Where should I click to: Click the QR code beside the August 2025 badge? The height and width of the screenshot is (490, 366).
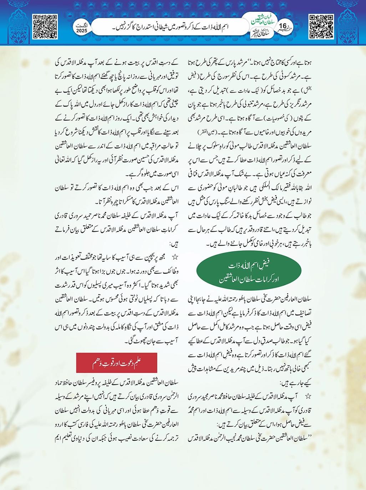click(x=45, y=27)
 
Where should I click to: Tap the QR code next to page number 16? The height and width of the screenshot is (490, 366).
click(x=321, y=27)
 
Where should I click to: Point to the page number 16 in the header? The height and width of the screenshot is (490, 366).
click(x=283, y=26)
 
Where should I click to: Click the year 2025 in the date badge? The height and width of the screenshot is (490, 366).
click(x=82, y=31)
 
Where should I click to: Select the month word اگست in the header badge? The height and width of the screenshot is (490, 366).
click(x=82, y=25)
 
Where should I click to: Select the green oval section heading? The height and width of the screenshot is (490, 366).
click(x=249, y=272)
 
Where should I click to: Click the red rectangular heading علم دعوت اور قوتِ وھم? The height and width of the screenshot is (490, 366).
click(x=117, y=363)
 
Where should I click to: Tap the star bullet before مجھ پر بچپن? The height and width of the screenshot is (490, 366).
click(x=175, y=257)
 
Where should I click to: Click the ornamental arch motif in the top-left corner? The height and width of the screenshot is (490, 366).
click(x=16, y=21)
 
